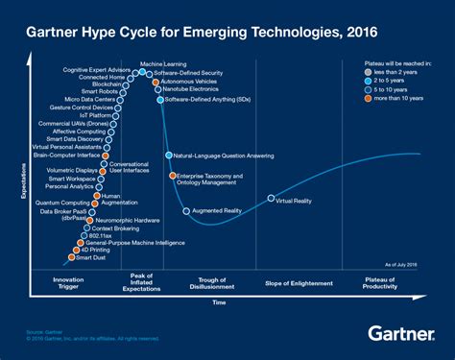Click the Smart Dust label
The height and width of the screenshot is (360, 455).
[x=91, y=258]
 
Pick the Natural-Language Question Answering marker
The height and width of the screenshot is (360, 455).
[x=168, y=155]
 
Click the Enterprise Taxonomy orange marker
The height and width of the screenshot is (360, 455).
[x=173, y=176]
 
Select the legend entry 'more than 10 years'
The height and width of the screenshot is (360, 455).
[x=397, y=98]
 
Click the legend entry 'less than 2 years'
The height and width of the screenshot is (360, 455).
[x=396, y=72]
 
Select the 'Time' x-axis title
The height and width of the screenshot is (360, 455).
[x=220, y=302]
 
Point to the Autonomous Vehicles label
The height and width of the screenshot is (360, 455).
[x=189, y=83]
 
